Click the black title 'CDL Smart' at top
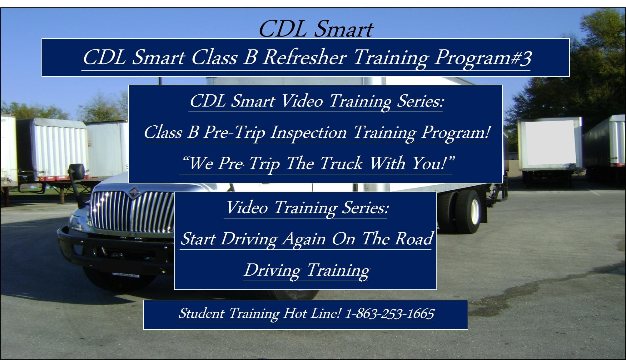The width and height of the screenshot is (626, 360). tap(316, 29)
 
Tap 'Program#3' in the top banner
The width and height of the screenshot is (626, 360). tap(483, 58)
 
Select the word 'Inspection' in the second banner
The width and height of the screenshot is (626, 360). tap(309, 132)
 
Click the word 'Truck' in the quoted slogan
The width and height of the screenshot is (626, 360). tap(341, 163)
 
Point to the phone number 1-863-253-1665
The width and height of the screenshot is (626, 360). tap(390, 313)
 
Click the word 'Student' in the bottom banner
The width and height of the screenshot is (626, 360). tap(201, 313)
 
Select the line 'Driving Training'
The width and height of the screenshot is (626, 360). tap(307, 270)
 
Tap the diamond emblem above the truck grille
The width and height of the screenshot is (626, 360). tap(134, 191)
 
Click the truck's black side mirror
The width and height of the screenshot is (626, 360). tap(77, 172)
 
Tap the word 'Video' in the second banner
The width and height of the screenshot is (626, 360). tap(302, 101)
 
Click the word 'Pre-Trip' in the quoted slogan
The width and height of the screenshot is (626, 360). tap(249, 164)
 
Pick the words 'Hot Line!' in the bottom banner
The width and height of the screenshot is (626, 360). tap(312, 313)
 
